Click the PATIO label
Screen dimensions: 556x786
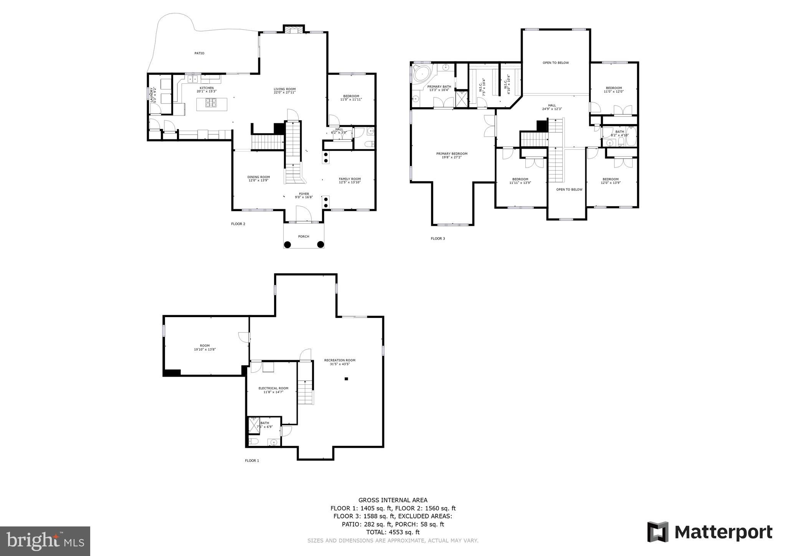click(x=199, y=53)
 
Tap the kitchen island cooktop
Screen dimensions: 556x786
click(x=211, y=103)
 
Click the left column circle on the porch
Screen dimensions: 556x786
click(x=287, y=244)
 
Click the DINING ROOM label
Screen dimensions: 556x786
click(x=258, y=177)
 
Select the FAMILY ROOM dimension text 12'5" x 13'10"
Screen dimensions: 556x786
click(x=350, y=182)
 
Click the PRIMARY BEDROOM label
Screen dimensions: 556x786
click(x=452, y=154)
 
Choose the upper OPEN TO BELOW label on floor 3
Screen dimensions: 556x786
click(x=555, y=63)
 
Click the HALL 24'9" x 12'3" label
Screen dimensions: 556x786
click(x=552, y=107)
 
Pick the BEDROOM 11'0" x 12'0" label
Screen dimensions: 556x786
click(x=613, y=89)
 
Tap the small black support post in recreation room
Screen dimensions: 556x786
click(x=346, y=379)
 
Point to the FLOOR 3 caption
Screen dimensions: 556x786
click(x=438, y=238)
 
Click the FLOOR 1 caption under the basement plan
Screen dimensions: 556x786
click(x=252, y=460)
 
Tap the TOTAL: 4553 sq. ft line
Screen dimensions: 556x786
click(x=393, y=532)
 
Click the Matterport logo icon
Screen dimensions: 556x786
click(x=658, y=532)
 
